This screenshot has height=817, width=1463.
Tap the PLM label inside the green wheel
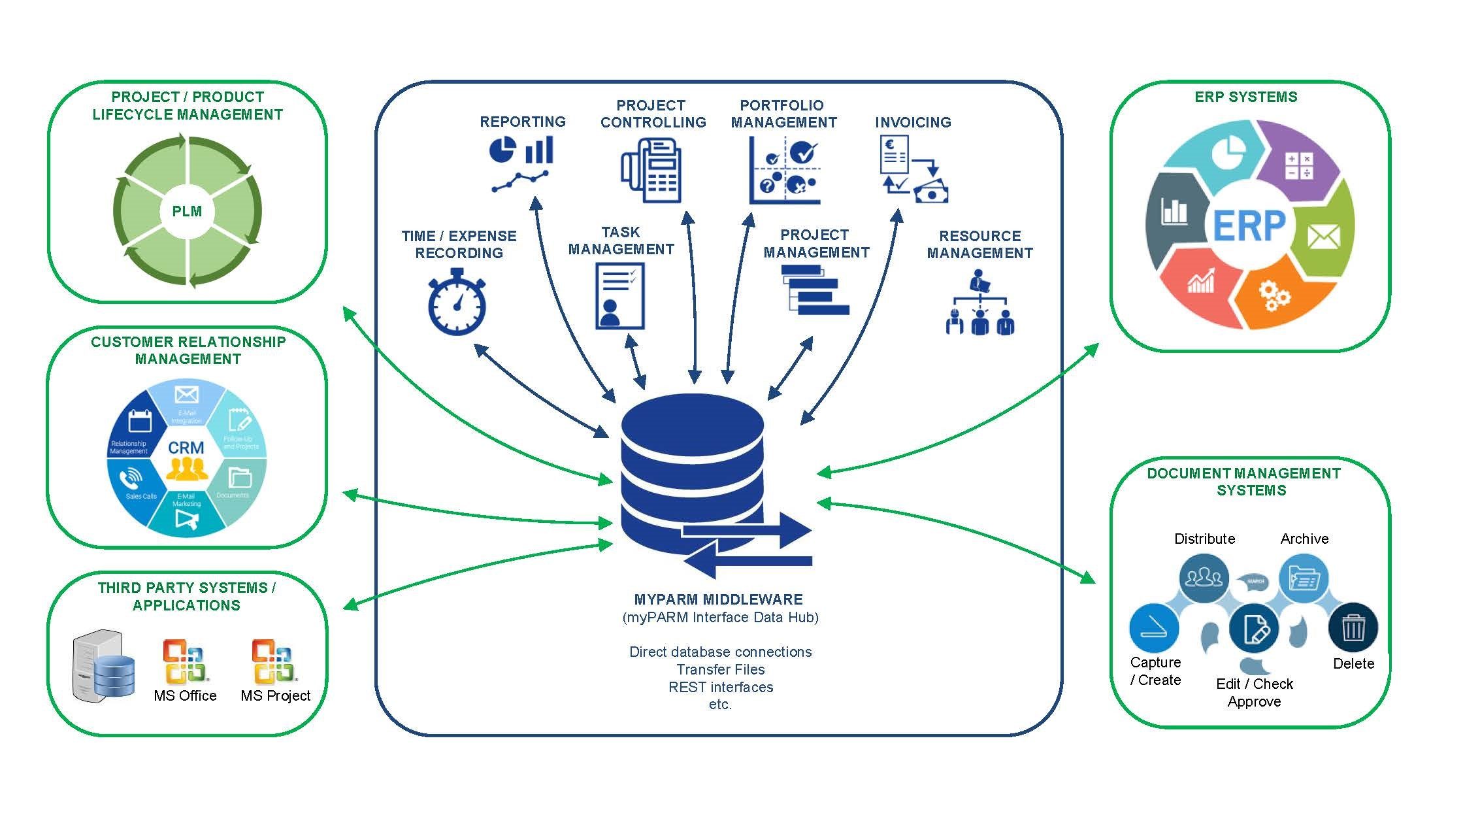(x=187, y=211)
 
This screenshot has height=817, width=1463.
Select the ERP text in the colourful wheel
(x=1249, y=225)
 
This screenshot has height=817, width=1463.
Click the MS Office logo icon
(x=185, y=661)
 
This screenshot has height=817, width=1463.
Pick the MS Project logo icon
(x=274, y=661)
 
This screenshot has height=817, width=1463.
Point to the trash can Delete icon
(x=1353, y=628)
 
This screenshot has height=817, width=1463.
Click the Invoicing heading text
(x=913, y=122)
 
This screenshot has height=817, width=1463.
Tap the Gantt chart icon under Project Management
(x=815, y=290)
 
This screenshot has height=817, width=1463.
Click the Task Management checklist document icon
(x=619, y=296)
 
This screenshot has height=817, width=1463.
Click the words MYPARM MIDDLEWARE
(x=719, y=599)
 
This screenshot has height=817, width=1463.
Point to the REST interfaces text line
(x=721, y=687)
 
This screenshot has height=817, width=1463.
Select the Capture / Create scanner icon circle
(x=1154, y=628)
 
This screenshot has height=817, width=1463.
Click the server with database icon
(x=103, y=667)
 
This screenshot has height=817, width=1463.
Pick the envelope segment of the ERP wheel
(x=1323, y=236)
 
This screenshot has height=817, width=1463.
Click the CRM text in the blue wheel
(x=186, y=448)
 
